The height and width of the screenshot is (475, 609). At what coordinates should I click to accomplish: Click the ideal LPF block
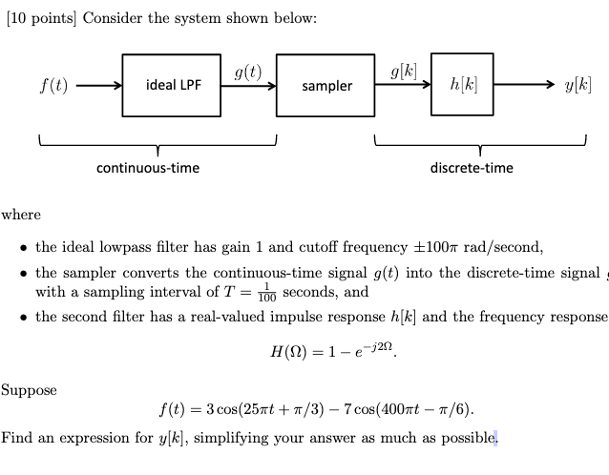tap(172, 86)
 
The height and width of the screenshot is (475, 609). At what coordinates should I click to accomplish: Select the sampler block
tap(325, 86)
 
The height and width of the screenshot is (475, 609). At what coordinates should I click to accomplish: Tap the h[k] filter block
tap(462, 86)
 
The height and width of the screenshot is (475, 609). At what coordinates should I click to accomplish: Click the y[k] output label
tap(577, 86)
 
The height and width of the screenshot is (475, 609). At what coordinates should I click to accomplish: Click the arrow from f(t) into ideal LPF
tap(98, 86)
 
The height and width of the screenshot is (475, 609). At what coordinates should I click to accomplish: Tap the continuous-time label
tap(148, 168)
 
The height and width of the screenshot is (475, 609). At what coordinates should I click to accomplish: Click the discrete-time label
tap(472, 168)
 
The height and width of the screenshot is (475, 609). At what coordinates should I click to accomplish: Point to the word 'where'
tap(21, 215)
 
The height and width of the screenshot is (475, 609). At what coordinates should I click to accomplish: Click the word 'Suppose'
tap(29, 389)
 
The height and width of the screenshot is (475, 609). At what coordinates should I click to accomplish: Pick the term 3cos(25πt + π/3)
tap(244, 411)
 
